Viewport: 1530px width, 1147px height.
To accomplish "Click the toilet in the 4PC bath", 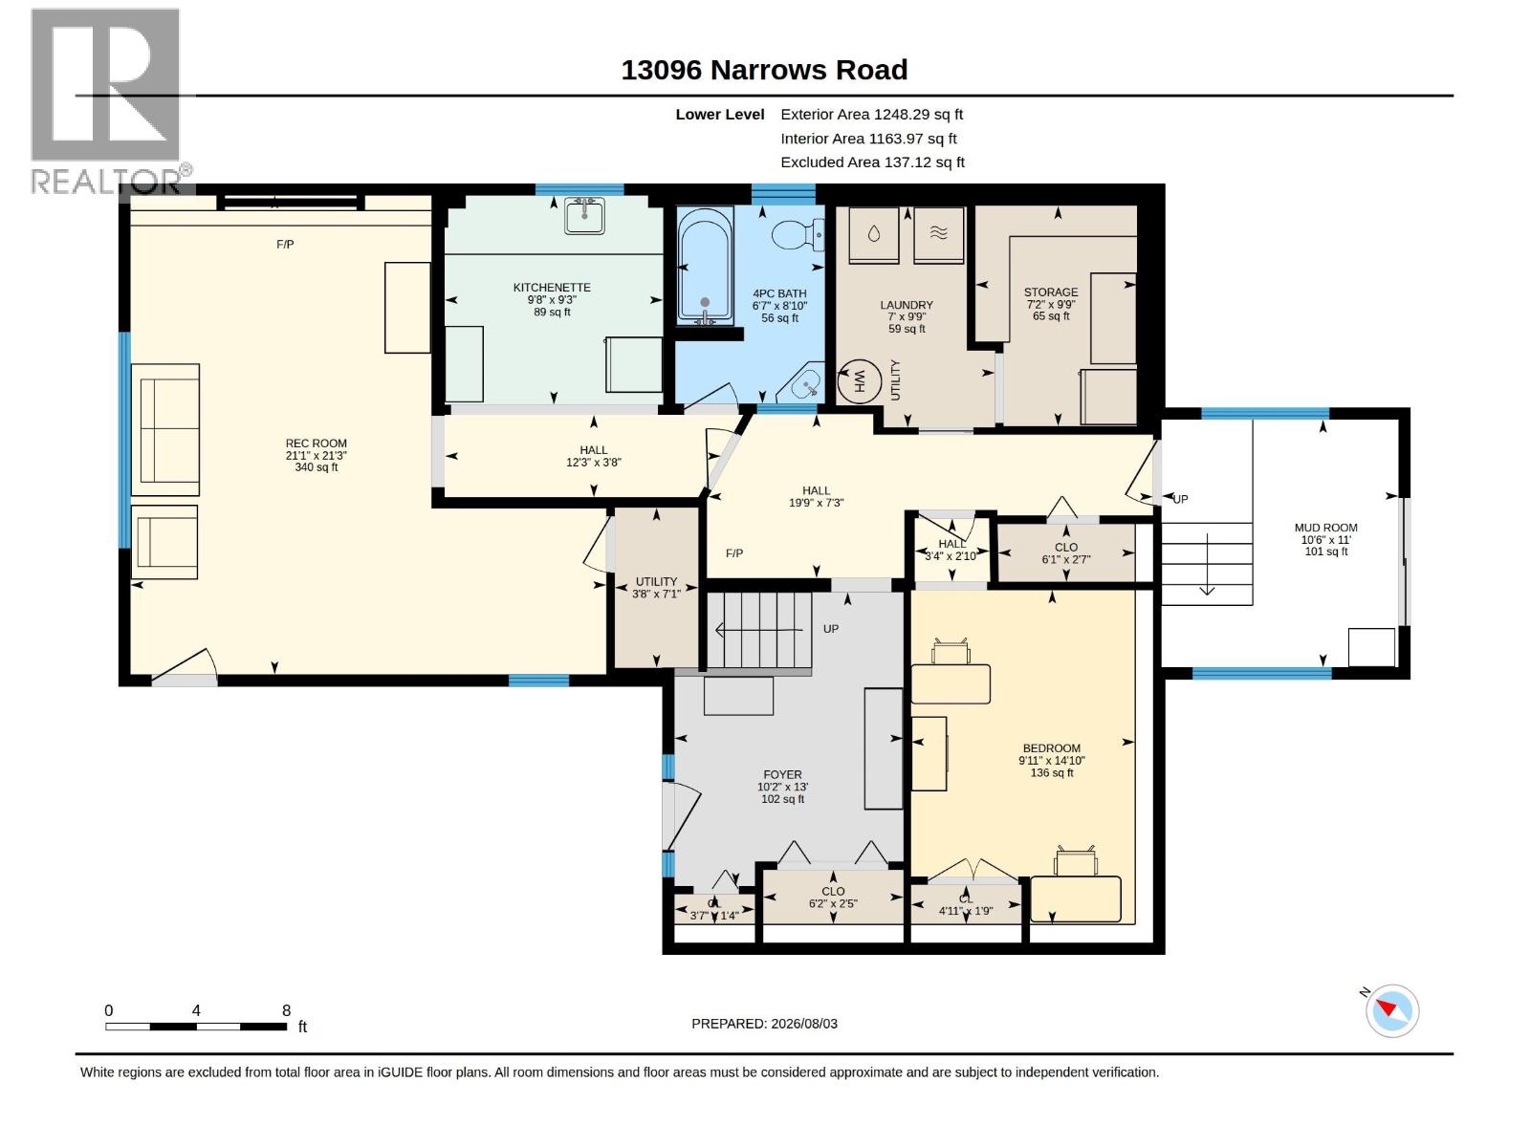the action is coord(798,235).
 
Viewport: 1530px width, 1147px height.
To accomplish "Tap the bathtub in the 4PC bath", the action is coord(705,266).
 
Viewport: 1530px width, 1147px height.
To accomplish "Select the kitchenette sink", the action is coord(584,216).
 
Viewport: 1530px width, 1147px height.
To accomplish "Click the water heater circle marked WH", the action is coord(859,381).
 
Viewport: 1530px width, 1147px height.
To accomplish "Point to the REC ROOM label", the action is coord(316,444).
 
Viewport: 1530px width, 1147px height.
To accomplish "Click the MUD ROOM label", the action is coord(1325,528).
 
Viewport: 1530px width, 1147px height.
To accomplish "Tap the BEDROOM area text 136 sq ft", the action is coord(1052,773).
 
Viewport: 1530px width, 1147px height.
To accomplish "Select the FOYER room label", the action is coord(783,774).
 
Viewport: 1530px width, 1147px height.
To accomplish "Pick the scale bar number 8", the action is coord(287,1010).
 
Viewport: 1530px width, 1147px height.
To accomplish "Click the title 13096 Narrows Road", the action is coord(764,70).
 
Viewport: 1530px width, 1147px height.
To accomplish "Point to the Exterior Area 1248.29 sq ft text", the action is coord(871,114).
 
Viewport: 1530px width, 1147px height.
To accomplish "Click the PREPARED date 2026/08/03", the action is coord(803,1024).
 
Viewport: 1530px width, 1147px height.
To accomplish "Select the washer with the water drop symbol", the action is coord(873,235).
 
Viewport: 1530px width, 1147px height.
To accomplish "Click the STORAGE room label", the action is coord(1050,292).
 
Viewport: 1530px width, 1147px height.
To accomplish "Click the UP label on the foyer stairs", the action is coord(830,629).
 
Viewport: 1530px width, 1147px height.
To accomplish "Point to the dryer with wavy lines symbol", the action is coord(938,235).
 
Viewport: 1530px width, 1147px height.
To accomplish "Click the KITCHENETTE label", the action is coord(552,288).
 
